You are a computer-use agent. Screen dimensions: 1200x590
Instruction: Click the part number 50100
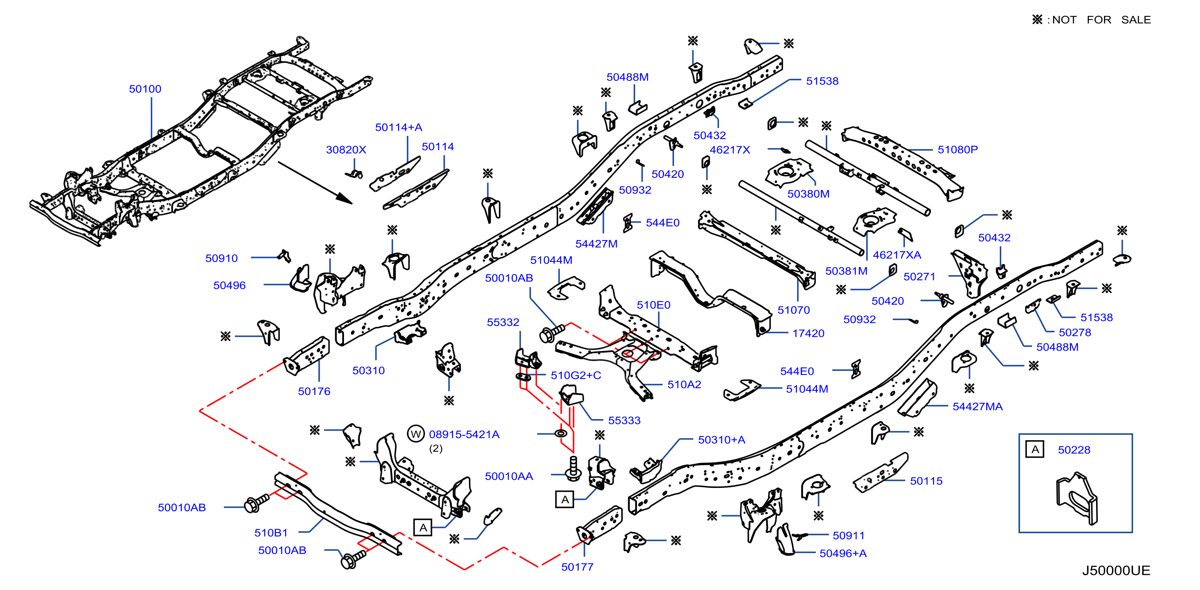tap(145, 89)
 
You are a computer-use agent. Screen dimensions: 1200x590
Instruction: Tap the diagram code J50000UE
tap(1116, 571)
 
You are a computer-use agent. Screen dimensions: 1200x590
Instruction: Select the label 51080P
tap(957, 149)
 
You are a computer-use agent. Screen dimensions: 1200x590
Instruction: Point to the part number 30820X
tap(346, 149)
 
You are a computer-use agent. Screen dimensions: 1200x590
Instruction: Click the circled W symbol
tap(416, 434)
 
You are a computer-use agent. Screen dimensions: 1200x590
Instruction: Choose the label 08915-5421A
tap(464, 434)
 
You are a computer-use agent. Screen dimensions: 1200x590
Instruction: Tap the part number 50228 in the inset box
tap(1074, 450)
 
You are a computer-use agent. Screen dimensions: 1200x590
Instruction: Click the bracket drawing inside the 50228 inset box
tap(1077, 498)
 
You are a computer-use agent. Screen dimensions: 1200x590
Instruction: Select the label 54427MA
tap(977, 407)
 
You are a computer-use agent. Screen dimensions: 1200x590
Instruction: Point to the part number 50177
tap(577, 567)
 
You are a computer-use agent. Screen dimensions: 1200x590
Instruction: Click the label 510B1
tap(271, 533)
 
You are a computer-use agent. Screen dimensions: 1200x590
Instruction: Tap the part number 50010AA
tap(509, 476)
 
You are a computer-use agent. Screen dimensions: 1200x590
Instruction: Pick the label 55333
tap(624, 420)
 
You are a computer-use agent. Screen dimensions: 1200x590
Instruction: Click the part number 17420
tap(808, 333)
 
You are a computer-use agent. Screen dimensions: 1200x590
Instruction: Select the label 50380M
tap(808, 194)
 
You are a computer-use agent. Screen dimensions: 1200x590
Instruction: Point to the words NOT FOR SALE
tap(1101, 19)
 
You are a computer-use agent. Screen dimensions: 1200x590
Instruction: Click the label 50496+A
tap(843, 553)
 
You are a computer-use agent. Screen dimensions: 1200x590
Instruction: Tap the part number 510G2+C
tap(576, 375)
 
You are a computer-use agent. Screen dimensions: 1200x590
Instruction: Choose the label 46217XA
tap(897, 255)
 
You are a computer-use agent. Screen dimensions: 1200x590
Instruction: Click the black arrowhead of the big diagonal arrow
tap(344, 199)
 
